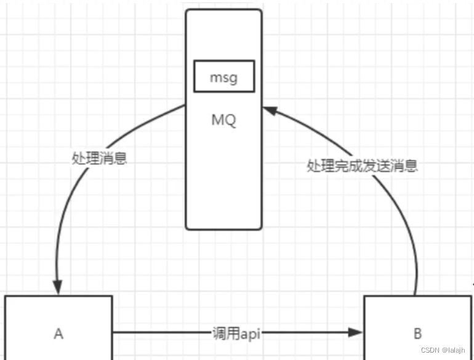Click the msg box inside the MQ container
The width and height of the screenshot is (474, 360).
223,76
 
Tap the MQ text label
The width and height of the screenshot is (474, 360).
223,119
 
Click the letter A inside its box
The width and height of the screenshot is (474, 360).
58,334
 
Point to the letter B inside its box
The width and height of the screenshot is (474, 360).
417,334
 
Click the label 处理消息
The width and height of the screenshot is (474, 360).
99,158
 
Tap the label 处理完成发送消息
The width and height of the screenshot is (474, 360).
362,166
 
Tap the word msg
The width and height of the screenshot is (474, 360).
223,78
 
